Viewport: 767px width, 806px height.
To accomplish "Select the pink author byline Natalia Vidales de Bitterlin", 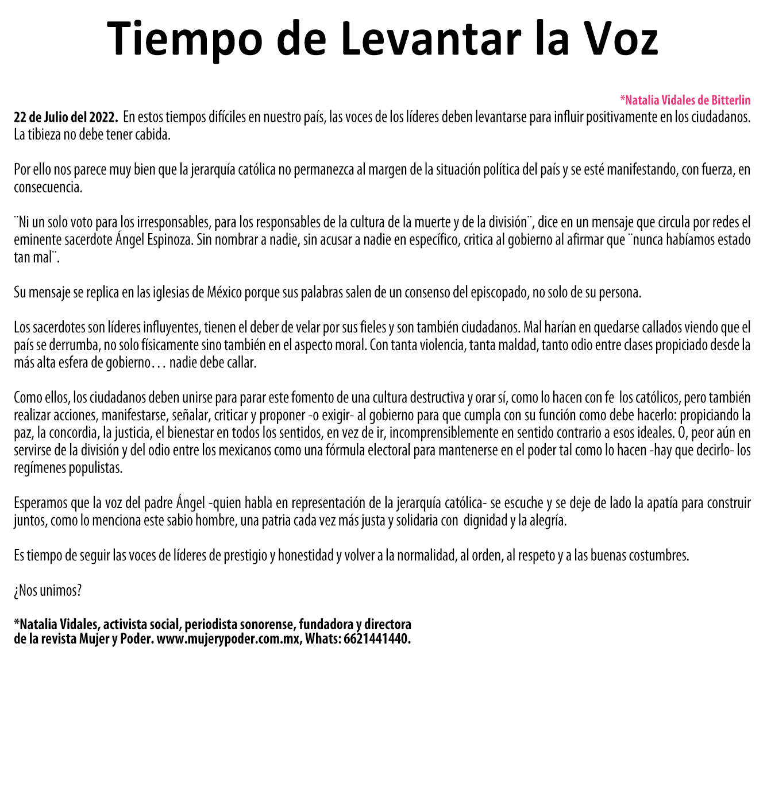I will click(685, 100).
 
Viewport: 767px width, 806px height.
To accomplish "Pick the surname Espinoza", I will click(166, 240).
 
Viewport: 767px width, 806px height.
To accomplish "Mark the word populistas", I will click(95, 468).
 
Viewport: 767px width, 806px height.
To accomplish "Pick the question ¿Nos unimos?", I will click(48, 591).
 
